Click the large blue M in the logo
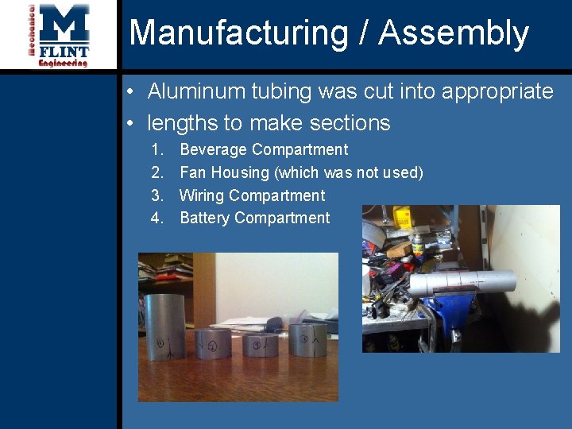point(64,24)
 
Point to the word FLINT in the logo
point(64,52)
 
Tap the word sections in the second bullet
point(350,123)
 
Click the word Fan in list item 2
point(191,172)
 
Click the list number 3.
point(157,195)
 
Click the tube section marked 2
point(213,344)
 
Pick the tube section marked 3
point(259,345)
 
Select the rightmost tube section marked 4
point(307,339)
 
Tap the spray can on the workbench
point(416,246)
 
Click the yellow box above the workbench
point(404,215)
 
